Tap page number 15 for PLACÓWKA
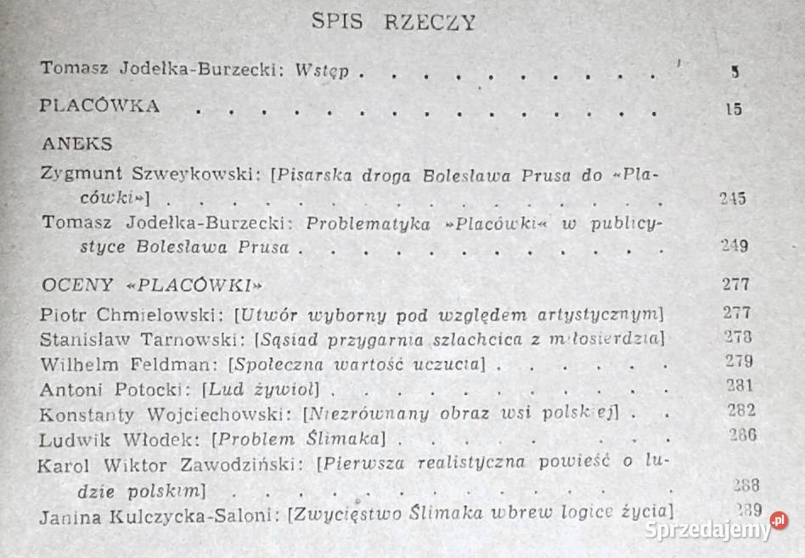click(734, 109)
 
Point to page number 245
click(731, 199)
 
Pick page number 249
click(733, 247)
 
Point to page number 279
click(739, 362)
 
